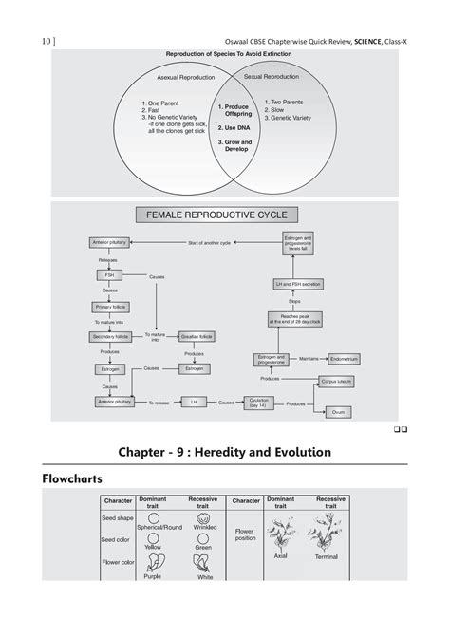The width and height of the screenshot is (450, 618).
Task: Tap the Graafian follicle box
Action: [x=194, y=337]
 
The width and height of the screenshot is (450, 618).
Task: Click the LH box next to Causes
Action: [x=193, y=402]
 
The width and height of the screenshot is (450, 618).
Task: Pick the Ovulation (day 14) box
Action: [x=258, y=402]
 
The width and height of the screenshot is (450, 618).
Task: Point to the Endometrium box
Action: [x=343, y=359]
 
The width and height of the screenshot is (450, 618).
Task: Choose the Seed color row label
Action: [x=119, y=540]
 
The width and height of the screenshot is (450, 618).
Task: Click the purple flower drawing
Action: [x=152, y=563]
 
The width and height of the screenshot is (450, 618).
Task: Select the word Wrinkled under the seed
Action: [x=204, y=527]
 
